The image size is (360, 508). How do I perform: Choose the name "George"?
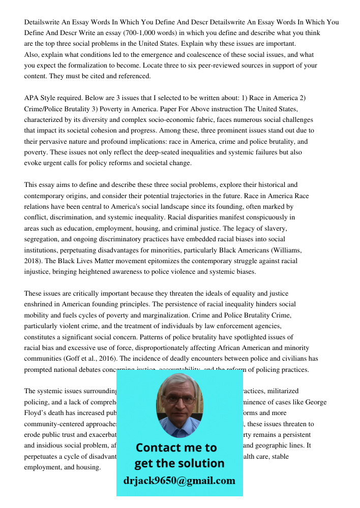(x=315, y=402)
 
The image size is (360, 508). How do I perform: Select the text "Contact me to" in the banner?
(x=176, y=448)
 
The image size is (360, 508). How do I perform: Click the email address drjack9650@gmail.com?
(x=179, y=481)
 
